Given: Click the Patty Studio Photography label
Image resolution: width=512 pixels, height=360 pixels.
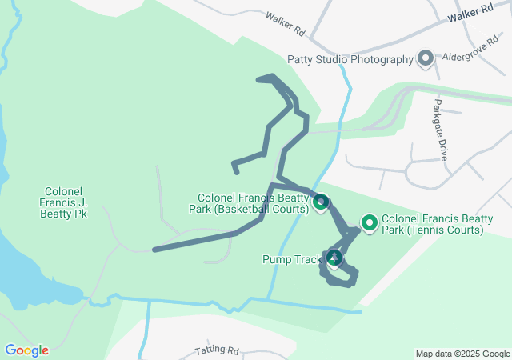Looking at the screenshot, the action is tap(350, 59).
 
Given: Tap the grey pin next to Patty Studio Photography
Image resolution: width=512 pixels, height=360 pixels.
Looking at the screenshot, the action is tap(426, 58).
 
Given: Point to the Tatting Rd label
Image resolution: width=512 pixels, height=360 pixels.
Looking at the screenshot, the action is tap(218, 351).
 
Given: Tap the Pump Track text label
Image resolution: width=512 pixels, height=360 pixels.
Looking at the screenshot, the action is tap(290, 258).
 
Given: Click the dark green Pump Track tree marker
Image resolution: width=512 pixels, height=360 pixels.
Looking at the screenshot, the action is tap(334, 258).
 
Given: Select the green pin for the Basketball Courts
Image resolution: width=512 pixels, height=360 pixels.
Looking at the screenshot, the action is tap(320, 202).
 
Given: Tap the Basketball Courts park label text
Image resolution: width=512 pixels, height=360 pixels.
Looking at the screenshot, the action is tap(254, 203).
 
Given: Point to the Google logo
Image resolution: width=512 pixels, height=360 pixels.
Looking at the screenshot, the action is tap(26, 350).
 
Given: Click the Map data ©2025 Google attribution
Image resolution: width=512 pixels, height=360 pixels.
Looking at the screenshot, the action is tap(462, 354).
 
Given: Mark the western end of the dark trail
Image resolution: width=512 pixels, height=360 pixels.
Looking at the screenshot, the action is tap(155, 250).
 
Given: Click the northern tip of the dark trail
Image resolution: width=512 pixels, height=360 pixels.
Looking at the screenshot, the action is tap(259, 78).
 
